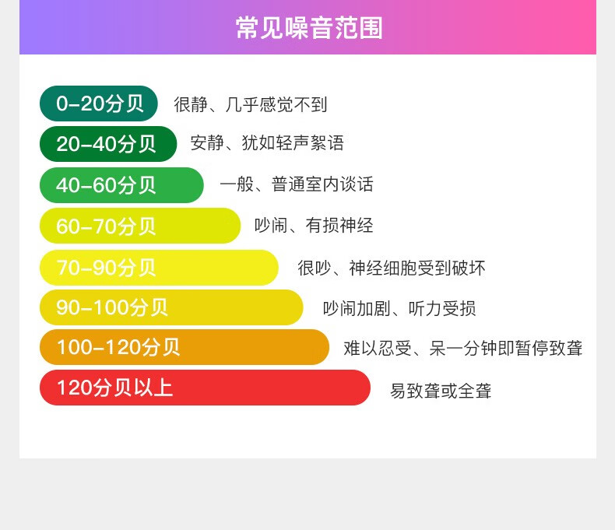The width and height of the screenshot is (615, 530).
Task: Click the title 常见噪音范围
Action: click(x=309, y=28)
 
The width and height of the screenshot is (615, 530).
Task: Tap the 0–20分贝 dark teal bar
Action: click(x=98, y=104)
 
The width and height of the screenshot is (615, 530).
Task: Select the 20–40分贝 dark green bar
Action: click(x=108, y=144)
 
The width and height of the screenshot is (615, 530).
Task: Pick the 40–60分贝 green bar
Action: click(x=121, y=185)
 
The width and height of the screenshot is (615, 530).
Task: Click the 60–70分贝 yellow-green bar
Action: click(x=140, y=226)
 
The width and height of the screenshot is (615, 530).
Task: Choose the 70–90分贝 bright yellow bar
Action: click(x=159, y=268)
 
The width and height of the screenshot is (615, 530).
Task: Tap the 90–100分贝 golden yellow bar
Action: click(x=171, y=307)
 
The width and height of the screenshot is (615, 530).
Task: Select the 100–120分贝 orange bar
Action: click(x=184, y=347)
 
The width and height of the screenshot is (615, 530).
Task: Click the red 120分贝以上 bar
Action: click(x=206, y=388)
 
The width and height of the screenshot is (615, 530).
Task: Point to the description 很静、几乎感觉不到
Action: click(x=251, y=104)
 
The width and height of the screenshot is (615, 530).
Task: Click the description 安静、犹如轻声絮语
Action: click(x=267, y=142)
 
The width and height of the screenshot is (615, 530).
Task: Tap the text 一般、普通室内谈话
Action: click(x=297, y=184)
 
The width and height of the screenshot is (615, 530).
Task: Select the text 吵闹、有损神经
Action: click(x=314, y=226)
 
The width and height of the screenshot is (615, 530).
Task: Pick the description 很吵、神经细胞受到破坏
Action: click(x=392, y=269)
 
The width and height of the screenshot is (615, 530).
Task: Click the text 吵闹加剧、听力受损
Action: click(x=399, y=309)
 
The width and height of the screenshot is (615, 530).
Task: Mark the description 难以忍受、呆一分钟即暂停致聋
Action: click(x=463, y=348)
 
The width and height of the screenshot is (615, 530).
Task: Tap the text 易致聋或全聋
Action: click(x=441, y=391)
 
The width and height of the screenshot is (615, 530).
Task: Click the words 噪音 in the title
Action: click(x=309, y=28)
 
